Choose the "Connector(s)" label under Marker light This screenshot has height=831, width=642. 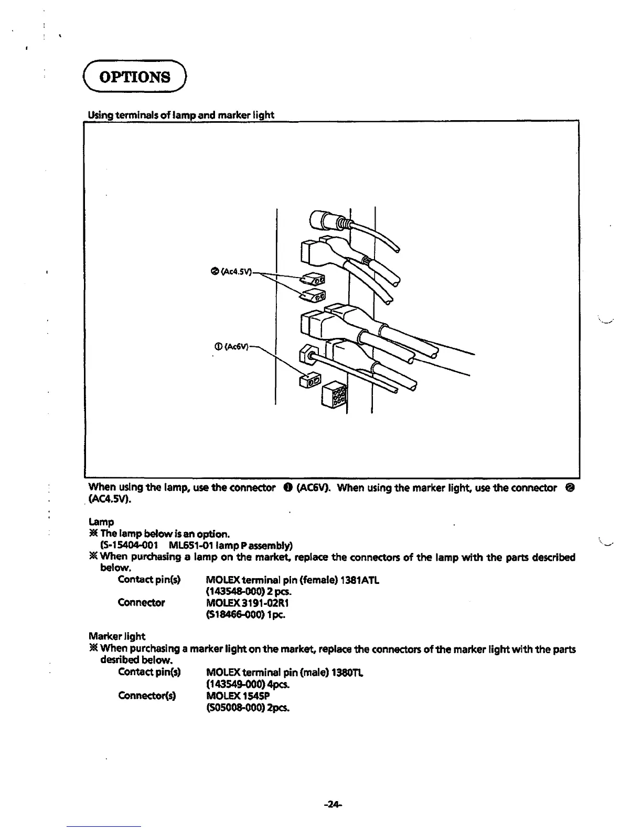(x=147, y=696)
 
